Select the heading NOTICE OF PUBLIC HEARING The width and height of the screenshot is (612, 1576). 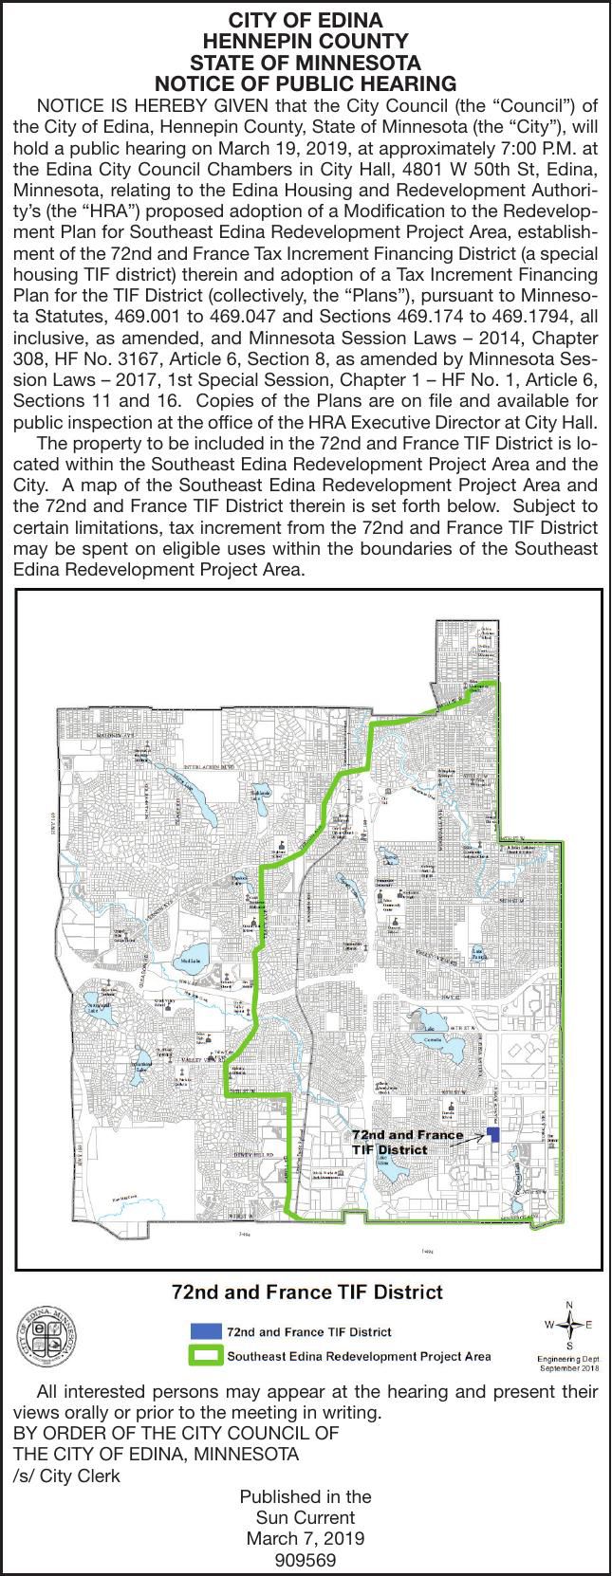tap(306, 83)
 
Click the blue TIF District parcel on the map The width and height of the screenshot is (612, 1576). tap(492, 1134)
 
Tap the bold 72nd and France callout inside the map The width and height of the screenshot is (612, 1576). tap(408, 1135)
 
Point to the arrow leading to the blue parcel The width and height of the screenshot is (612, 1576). tap(464, 1143)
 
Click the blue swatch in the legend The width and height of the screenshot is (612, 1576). tap(206, 1330)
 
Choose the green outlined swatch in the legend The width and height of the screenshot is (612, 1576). tap(206, 1355)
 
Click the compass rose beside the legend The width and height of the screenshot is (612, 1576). tap(569, 1325)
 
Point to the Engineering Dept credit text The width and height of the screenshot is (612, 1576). tap(569, 1364)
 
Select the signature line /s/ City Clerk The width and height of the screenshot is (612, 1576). tap(66, 1476)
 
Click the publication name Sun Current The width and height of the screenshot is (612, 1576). tap(306, 1518)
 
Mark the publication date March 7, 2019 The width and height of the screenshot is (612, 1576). tap(306, 1538)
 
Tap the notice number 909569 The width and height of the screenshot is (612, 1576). tap(306, 1559)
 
